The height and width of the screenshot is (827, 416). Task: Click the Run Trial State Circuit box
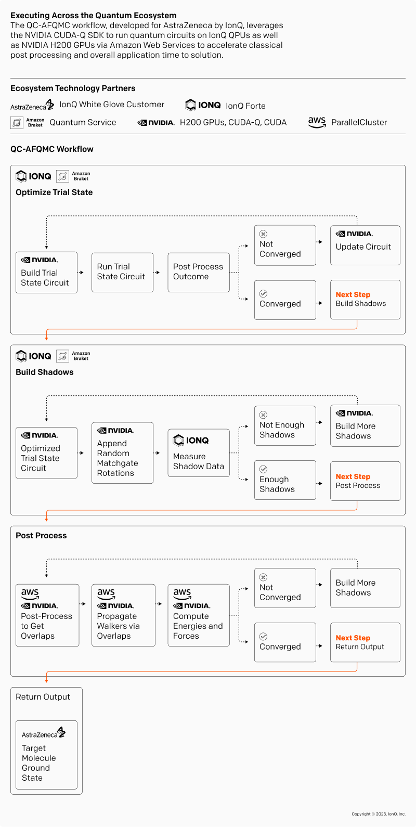[x=122, y=272]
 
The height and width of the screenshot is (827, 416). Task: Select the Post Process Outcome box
[x=198, y=272]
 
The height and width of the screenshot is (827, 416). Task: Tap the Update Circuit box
[x=365, y=245]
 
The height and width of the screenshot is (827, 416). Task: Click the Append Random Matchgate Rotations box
[x=122, y=453]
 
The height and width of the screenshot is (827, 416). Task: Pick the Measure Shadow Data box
[x=198, y=453]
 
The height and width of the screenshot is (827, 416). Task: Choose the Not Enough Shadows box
[x=285, y=425]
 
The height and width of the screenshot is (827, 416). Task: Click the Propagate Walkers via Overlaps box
[x=123, y=615]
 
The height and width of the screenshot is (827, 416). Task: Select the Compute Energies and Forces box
[x=198, y=615]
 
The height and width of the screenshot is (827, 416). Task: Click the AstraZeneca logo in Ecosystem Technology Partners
[x=32, y=105]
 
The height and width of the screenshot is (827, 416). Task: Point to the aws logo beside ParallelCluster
[x=317, y=122]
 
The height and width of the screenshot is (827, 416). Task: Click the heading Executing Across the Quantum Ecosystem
[x=94, y=16]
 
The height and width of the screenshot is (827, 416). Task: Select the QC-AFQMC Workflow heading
[x=52, y=149]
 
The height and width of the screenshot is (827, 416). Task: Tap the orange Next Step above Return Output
[x=353, y=638]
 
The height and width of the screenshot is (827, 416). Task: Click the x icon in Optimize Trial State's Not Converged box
[x=263, y=234]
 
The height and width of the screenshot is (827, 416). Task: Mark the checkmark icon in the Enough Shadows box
[x=263, y=469]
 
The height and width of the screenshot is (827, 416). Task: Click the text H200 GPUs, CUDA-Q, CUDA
[x=233, y=123]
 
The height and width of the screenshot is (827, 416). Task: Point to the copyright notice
[x=378, y=814]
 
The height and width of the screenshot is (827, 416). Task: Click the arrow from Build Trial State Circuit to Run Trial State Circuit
[x=81, y=272]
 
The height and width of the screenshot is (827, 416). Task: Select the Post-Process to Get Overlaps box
[x=47, y=615]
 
